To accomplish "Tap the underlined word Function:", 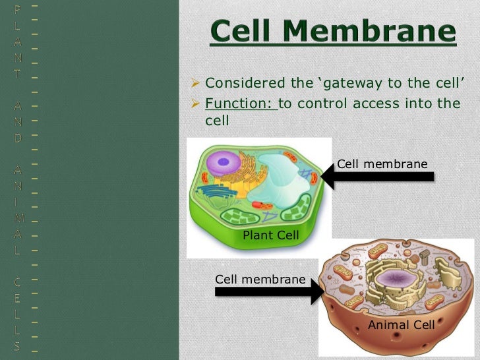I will [x=241, y=103].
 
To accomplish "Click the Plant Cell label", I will [x=271, y=235].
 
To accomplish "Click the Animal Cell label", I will [x=401, y=325].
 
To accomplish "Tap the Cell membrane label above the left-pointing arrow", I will [x=382, y=164].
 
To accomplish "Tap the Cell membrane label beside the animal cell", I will [x=260, y=280].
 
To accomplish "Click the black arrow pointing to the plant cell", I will [x=376, y=176].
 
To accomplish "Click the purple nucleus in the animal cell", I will [x=396, y=280].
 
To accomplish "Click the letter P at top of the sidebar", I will [x=17, y=9].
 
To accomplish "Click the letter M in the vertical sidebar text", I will [x=17, y=214].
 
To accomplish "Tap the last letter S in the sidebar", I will [x=17, y=345].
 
